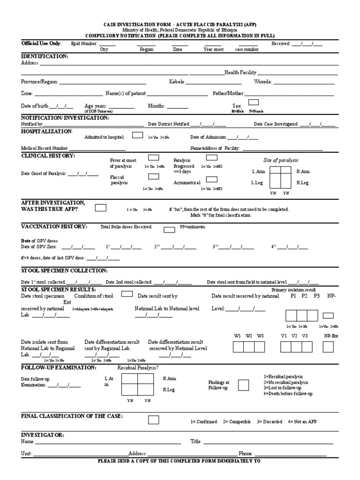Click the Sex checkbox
(253, 102)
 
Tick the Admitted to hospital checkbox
(138, 135)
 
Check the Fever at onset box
(153, 158)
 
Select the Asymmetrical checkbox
(212, 179)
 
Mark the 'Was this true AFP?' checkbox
(101, 208)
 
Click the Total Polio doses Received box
(169, 229)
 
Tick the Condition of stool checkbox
(127, 294)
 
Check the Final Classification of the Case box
(154, 420)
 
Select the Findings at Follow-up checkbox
(243, 385)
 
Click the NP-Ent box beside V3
(328, 347)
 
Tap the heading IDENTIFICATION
(45, 56)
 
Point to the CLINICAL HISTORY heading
(48, 155)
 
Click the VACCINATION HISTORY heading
(54, 226)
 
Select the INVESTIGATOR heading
(43, 435)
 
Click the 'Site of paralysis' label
(281, 160)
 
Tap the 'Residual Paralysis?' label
(138, 368)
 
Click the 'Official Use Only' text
(41, 43)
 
